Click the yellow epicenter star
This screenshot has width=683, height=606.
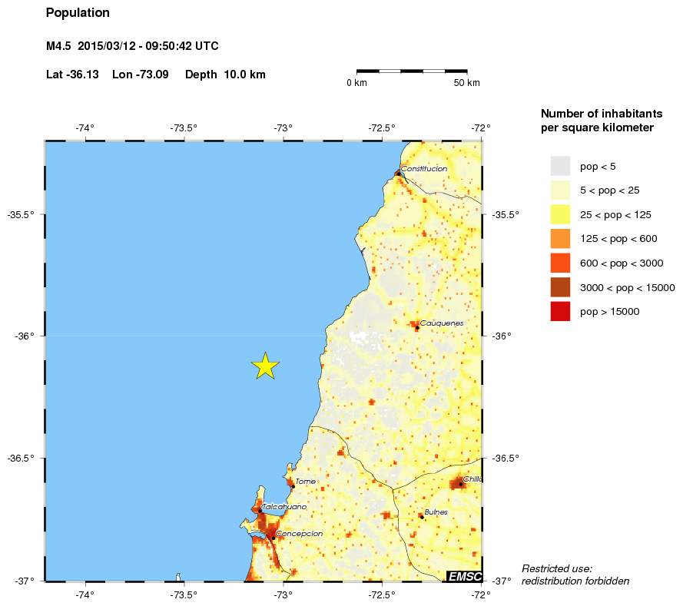point(265,366)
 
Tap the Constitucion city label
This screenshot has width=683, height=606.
point(424,168)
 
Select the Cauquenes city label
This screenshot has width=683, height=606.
point(442,323)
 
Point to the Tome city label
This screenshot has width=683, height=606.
point(306,482)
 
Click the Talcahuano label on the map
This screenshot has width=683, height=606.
point(284,507)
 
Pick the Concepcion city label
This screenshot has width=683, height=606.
point(299,533)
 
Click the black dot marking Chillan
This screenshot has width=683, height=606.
point(460,484)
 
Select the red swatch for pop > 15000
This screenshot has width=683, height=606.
point(560,312)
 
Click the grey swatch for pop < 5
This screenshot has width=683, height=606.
point(560,166)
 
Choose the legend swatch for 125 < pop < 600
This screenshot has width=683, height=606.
point(560,239)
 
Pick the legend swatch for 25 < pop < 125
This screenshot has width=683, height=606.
point(560,214)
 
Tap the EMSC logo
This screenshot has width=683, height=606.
point(465,575)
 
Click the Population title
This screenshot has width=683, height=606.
point(78,13)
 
